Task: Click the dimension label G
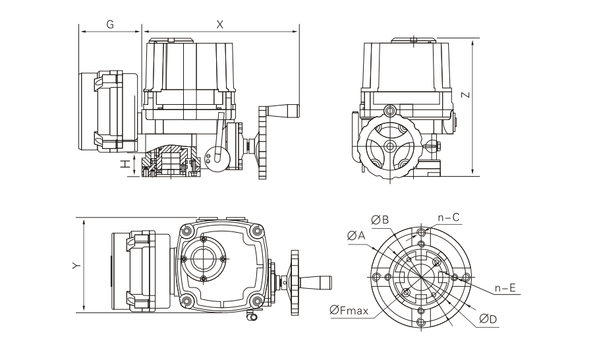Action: click(x=110, y=24)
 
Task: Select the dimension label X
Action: click(x=220, y=24)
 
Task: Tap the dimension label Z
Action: click(x=465, y=94)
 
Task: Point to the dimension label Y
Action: click(x=77, y=265)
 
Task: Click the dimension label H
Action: click(x=123, y=164)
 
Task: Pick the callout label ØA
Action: click(x=355, y=235)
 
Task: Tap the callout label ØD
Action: click(x=488, y=318)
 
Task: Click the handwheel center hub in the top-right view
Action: click(x=390, y=146)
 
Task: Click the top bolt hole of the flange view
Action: click(x=421, y=232)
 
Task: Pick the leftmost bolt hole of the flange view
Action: click(x=376, y=276)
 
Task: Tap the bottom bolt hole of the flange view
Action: click(x=421, y=321)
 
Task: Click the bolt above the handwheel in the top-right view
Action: click(x=390, y=109)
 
